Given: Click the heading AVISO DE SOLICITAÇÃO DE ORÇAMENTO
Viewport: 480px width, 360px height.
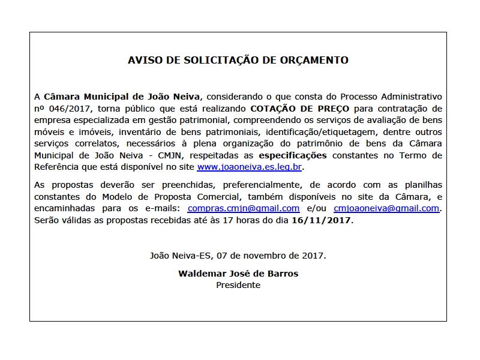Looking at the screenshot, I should (x=238, y=60).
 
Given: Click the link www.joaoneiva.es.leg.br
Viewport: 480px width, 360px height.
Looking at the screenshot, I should (x=249, y=166).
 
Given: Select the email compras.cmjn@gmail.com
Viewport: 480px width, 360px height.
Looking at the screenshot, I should (x=244, y=208).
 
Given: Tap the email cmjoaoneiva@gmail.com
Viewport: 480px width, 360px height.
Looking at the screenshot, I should (x=386, y=208).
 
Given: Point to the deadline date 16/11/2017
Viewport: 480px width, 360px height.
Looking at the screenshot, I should (x=322, y=220).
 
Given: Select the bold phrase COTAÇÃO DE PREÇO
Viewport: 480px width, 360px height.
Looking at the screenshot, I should (x=299, y=109).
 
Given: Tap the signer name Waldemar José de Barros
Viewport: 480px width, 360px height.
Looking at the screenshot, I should (x=238, y=274).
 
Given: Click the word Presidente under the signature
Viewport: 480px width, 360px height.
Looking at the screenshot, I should (x=238, y=285).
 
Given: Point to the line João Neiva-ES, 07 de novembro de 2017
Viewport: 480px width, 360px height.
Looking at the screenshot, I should (x=238, y=255).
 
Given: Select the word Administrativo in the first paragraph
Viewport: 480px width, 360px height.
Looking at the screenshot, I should (x=413, y=96).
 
